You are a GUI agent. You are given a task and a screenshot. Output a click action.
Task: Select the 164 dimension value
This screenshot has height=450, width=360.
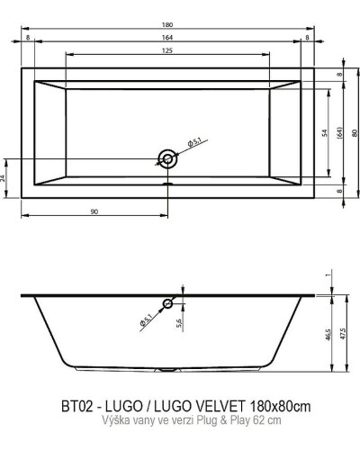[x=167, y=37]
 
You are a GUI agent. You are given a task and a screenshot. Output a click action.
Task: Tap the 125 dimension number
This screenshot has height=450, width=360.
[x=167, y=51]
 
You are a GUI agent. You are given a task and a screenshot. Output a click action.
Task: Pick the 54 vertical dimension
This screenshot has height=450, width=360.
[x=325, y=132]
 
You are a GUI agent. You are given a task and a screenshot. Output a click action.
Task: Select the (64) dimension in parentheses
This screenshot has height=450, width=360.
[x=340, y=132]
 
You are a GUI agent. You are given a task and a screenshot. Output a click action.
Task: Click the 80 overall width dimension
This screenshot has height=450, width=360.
[x=355, y=132]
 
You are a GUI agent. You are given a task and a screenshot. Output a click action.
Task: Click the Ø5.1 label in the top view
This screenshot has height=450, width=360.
[x=193, y=144]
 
